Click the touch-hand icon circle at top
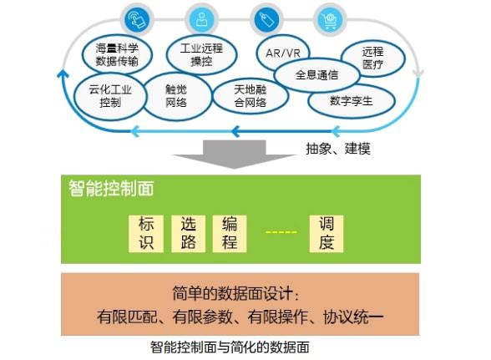click(137, 20)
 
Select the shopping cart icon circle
click(330, 20)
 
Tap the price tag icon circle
click(266, 20)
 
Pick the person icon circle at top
click(201, 20)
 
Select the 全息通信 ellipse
click(316, 75)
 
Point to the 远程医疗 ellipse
click(372, 58)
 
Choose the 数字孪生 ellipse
click(351, 101)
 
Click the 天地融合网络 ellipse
click(251, 96)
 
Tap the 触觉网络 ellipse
click(176, 96)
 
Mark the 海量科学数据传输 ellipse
click(117, 54)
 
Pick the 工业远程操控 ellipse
click(201, 54)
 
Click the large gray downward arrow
click(234, 155)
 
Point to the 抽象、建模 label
click(338, 149)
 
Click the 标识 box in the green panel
click(146, 233)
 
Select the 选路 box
click(188, 233)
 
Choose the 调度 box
click(326, 233)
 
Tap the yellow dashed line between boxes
click(281, 232)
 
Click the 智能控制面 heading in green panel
click(111, 188)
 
